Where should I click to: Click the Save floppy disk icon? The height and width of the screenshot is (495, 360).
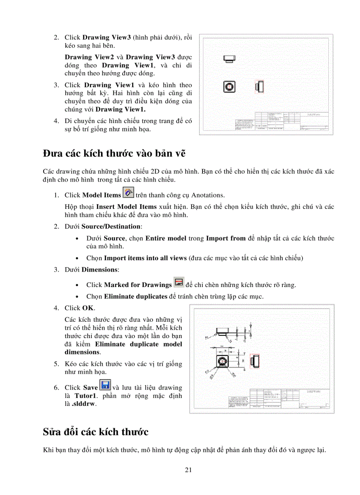(x=105, y=385)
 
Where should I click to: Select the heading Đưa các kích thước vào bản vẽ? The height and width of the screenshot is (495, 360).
(x=114, y=153)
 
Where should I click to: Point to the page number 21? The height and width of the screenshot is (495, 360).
(x=188, y=470)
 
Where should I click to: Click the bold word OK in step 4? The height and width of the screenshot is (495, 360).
(x=88, y=308)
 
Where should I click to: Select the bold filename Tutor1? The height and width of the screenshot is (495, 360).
(x=85, y=396)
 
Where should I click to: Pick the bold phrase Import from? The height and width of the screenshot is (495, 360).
(x=225, y=238)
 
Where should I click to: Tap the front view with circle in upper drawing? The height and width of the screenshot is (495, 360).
(x=229, y=86)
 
